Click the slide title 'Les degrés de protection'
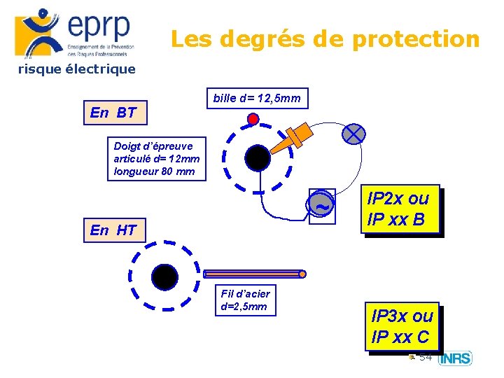325,39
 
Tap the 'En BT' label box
113,113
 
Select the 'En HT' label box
113,230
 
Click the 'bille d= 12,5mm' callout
256,99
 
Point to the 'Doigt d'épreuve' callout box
157,159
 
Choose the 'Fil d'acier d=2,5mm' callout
245,300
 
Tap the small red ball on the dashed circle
253,119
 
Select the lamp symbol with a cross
354,133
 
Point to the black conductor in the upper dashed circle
257,158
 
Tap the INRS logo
455,358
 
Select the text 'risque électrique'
76,69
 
